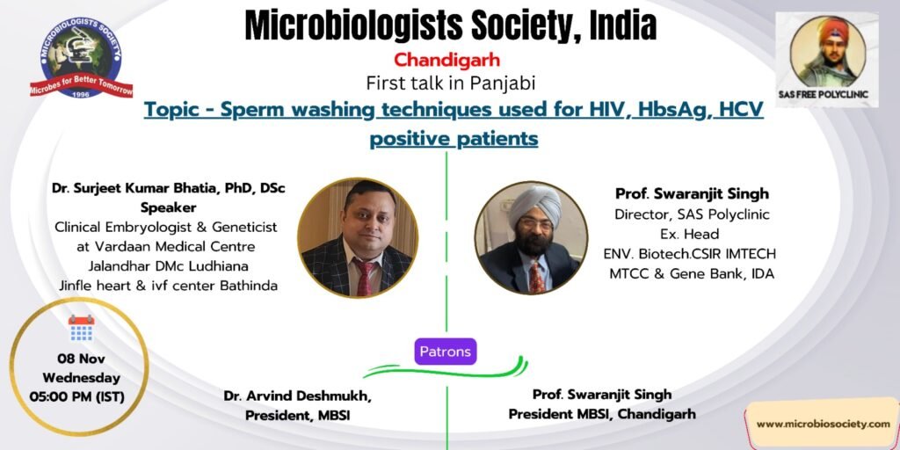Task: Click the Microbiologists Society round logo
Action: pos(81,57)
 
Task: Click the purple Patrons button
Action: pos(446,352)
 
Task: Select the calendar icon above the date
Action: pos(81,328)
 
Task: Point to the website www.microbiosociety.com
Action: pos(823,425)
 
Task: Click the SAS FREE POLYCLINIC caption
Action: pos(827,94)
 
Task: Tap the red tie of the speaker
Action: pos(365,277)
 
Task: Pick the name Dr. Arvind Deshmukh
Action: pos(297,396)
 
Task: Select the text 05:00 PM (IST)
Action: pos(77,396)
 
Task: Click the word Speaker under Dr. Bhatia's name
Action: pos(169,207)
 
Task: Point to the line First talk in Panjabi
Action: pos(451,83)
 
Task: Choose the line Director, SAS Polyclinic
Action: pos(692,214)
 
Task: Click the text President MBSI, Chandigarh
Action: pos(601,414)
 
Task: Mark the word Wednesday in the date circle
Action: pos(81,378)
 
